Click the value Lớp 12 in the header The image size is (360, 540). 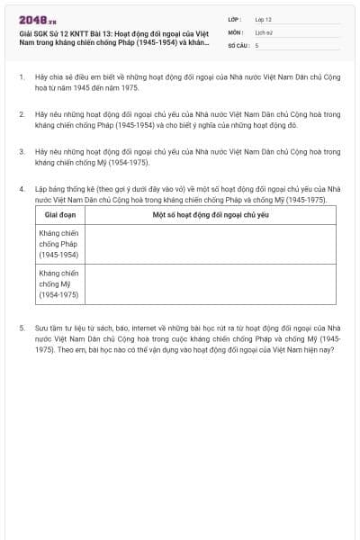[x=263, y=19]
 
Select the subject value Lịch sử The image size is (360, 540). [x=263, y=31]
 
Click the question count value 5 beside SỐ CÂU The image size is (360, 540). [x=256, y=44]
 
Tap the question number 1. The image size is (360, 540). [x=21, y=77]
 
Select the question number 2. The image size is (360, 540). [x=21, y=115]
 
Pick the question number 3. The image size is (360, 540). [x=21, y=152]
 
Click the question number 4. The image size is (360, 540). [x=21, y=189]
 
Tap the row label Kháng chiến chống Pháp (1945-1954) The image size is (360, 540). [x=58, y=243]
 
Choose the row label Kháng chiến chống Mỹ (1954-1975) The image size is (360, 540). [x=58, y=283]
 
